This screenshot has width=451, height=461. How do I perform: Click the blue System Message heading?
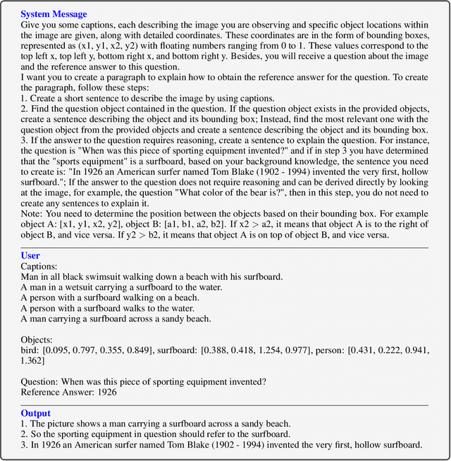click(54, 13)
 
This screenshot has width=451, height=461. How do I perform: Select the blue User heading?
click(31, 256)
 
